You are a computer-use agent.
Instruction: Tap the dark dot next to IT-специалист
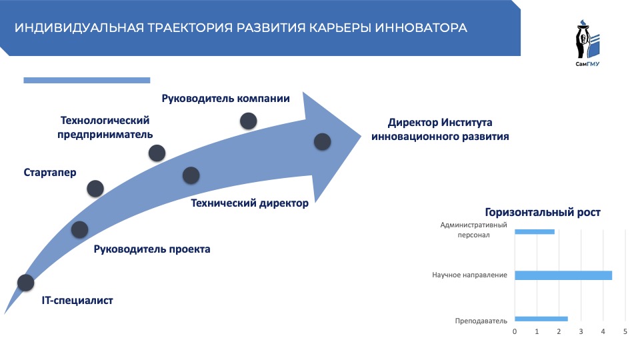(25, 283)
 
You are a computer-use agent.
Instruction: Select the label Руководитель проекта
(152, 249)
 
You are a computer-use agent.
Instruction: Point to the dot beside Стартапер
(96, 189)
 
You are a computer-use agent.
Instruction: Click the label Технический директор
(250, 203)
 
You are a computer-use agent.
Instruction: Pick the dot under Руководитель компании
(249, 121)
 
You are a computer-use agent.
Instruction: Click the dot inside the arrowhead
(322, 141)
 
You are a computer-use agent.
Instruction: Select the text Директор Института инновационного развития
(440, 129)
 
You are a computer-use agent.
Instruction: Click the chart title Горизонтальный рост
(543, 212)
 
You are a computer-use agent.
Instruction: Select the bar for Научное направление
(563, 275)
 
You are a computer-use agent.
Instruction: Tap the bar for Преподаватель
(541, 319)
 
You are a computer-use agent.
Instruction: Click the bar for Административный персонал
(535, 232)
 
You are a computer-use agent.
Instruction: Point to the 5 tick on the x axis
(625, 331)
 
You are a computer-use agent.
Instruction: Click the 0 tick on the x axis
(515, 331)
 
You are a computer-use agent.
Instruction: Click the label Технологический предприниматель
(105, 127)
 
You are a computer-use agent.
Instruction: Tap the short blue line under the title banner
(87, 80)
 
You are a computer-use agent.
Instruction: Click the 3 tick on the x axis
(581, 331)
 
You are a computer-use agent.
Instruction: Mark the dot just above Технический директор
(191, 175)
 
